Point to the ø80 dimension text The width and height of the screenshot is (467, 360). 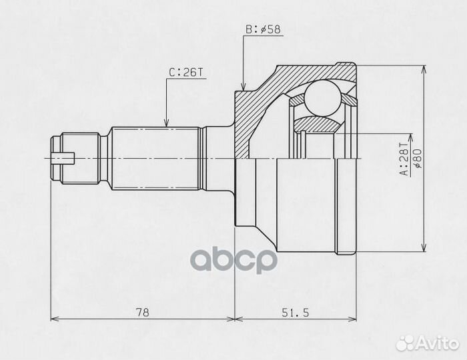tap(416, 159)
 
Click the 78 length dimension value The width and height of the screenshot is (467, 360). tap(141, 311)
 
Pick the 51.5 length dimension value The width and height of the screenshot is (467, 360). tap(296, 311)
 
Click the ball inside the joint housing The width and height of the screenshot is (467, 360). tap(322, 97)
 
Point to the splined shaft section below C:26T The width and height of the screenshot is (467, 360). tap(157, 158)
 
